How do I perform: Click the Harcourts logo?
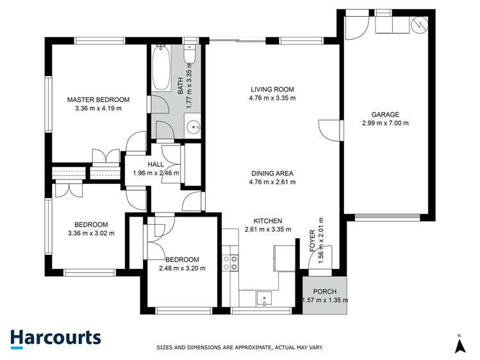tap(55, 338)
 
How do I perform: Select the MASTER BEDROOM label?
tap(99, 100)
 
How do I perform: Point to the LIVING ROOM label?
tap(272, 89)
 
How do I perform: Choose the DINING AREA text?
tap(272, 173)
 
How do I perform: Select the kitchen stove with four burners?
tap(230, 263)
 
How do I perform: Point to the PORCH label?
tap(325, 291)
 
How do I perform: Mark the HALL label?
tap(156, 164)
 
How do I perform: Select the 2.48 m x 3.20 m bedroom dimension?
tap(182, 268)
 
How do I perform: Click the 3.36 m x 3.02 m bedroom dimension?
tap(90, 233)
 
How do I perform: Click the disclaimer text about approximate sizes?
tap(240, 348)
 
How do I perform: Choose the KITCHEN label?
tap(268, 220)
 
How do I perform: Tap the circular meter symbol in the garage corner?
tap(419, 25)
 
